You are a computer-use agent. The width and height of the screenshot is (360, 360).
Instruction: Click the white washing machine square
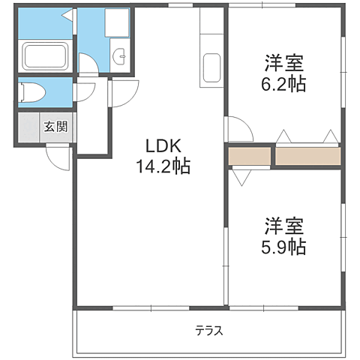(x=116, y=24)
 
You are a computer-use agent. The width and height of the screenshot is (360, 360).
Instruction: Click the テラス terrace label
(x=209, y=330)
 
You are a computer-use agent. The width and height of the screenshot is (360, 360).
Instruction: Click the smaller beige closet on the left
(x=249, y=157)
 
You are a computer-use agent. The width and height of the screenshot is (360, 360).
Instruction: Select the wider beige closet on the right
(x=307, y=157)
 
